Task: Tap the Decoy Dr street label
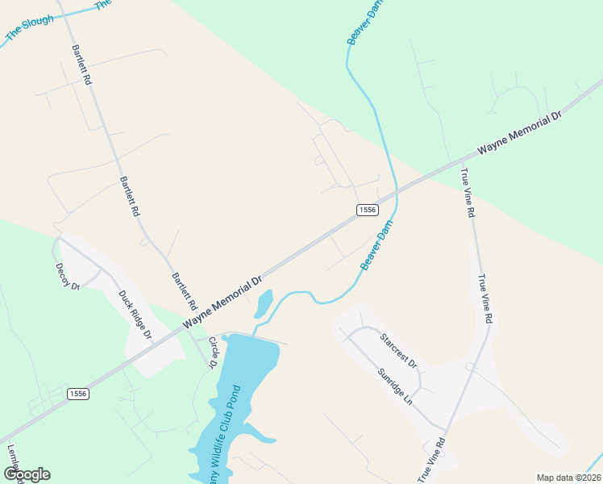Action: tap(68, 276)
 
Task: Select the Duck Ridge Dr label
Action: tap(135, 315)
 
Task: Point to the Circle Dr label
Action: tap(214, 353)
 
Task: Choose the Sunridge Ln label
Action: tap(395, 387)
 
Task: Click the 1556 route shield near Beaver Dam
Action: tap(367, 210)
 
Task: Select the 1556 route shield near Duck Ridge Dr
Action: tap(77, 394)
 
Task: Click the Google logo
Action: tap(27, 474)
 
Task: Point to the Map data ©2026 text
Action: tap(568, 478)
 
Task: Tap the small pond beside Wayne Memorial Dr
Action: tap(264, 304)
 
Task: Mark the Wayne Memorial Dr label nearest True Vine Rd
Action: tap(518, 132)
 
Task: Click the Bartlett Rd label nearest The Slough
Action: tap(82, 65)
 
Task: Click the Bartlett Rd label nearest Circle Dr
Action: tap(184, 292)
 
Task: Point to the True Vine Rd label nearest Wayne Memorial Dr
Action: tap(467, 193)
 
